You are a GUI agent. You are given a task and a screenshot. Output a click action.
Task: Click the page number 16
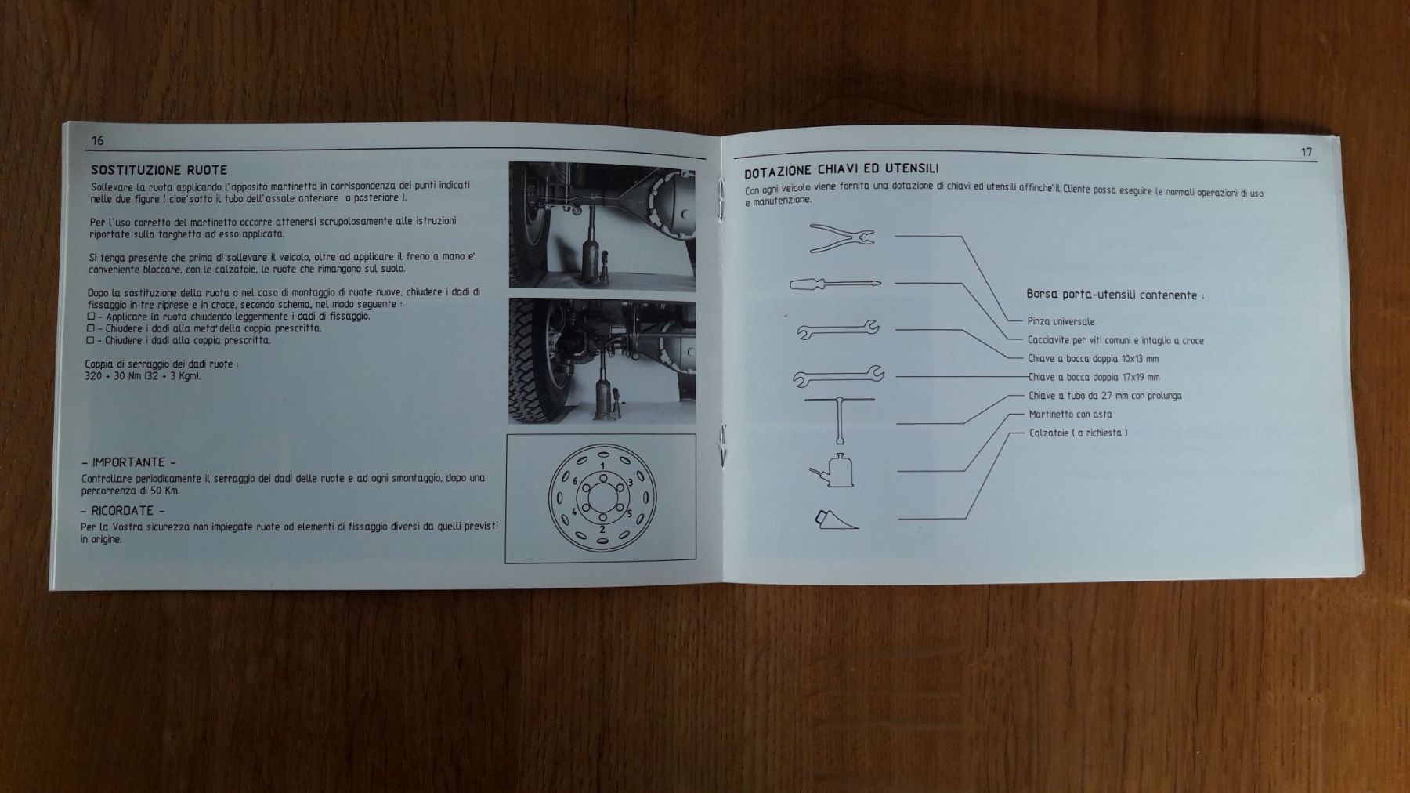click(97, 141)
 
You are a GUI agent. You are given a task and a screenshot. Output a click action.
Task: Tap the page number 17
click(1306, 152)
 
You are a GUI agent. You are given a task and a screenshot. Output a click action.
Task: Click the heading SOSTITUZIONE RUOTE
click(159, 170)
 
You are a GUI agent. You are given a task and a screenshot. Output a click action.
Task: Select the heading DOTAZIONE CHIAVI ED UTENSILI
click(841, 170)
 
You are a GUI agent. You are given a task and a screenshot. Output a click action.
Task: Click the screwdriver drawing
click(835, 284)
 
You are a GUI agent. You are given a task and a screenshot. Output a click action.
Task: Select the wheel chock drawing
click(836, 520)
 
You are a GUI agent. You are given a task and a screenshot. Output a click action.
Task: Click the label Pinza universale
click(1061, 321)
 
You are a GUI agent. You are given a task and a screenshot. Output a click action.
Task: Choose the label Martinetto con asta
click(1070, 415)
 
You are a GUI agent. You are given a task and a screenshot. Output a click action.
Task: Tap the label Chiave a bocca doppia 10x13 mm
click(1093, 359)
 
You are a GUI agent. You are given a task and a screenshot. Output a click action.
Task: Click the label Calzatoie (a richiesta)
click(1078, 433)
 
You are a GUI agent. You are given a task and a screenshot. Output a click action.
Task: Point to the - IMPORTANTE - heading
click(128, 462)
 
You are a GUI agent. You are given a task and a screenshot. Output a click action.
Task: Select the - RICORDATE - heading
click(122, 511)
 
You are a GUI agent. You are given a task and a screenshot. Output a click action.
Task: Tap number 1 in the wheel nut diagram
click(602, 466)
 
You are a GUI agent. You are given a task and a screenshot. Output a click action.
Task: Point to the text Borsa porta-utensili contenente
click(1115, 295)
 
